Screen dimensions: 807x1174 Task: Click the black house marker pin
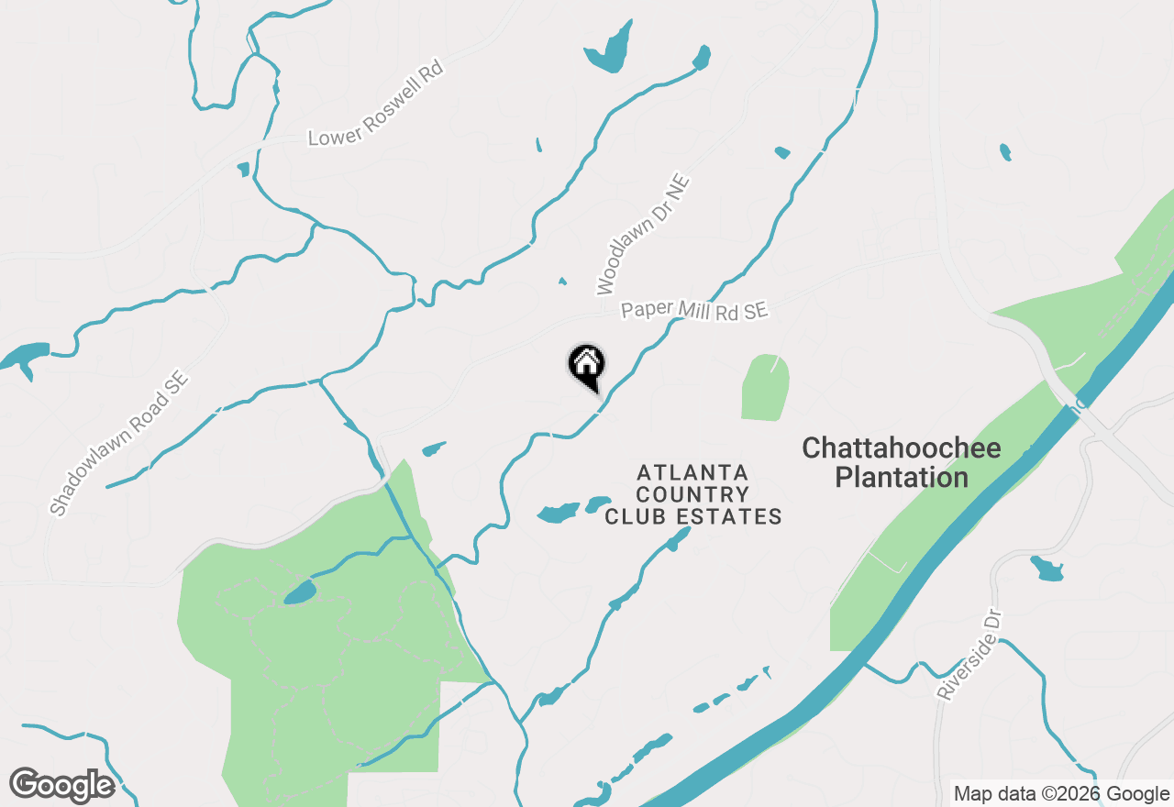(587, 365)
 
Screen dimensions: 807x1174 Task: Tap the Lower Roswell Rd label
(375, 104)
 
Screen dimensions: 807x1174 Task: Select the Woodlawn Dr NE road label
(643, 235)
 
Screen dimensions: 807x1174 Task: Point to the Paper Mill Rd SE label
(693, 310)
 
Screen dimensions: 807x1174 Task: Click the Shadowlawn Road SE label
(118, 442)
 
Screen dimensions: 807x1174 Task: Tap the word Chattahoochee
(901, 448)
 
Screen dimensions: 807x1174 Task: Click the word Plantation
(901, 478)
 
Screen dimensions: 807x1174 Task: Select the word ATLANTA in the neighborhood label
(692, 472)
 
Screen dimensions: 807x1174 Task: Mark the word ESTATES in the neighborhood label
(730, 517)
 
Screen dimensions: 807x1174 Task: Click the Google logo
(61, 785)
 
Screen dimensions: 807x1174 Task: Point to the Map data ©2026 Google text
(1061, 794)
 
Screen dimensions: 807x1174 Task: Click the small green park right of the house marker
(765, 388)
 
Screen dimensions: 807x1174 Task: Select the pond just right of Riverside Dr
(1047, 569)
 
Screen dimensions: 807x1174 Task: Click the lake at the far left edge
(24, 357)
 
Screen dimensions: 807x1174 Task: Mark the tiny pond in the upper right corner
(1005, 151)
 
